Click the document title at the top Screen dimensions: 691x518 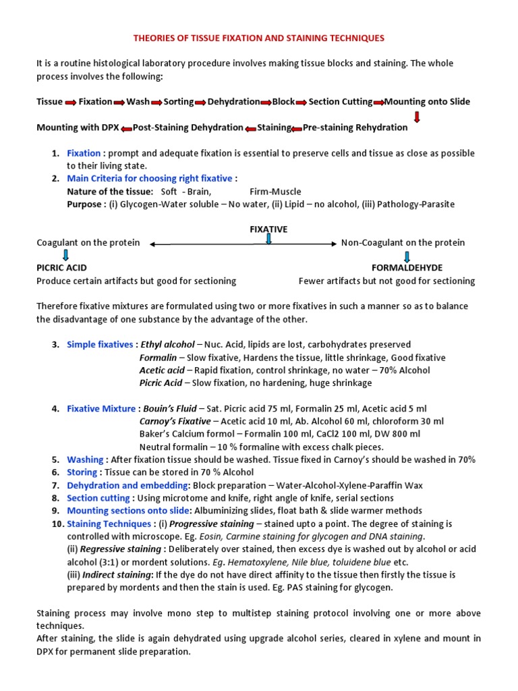tap(259, 39)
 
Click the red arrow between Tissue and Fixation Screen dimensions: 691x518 tap(69, 103)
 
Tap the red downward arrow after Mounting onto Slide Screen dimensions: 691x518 tap(417, 116)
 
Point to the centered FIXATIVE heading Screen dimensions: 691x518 tap(268, 229)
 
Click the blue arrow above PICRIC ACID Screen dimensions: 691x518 tap(65, 255)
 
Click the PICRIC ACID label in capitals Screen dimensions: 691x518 tap(61, 268)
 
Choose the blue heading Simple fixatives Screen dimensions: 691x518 tap(100, 345)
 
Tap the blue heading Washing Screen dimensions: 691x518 tap(85, 460)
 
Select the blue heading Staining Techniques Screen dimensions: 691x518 tap(109, 524)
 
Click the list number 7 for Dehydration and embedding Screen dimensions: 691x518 tap(57, 485)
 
